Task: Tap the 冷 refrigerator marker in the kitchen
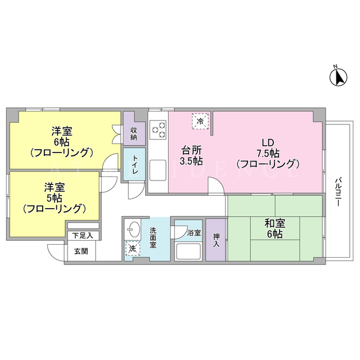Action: tap(200, 121)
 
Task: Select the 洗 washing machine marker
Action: tap(132, 249)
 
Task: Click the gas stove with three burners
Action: tap(158, 130)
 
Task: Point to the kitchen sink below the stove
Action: tap(158, 170)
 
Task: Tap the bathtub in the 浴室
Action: tap(188, 251)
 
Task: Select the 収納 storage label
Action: tap(134, 134)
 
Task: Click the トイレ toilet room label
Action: tap(135, 165)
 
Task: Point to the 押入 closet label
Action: tap(216, 240)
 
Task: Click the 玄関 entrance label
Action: tap(81, 251)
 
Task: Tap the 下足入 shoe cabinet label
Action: tap(83, 235)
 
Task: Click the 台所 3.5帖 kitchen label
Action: tap(191, 156)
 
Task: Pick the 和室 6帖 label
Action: tap(275, 228)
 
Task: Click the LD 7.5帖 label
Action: tap(268, 154)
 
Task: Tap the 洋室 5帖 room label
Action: tap(55, 198)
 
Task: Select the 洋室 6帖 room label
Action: tap(61, 142)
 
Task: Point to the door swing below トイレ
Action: tap(136, 190)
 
